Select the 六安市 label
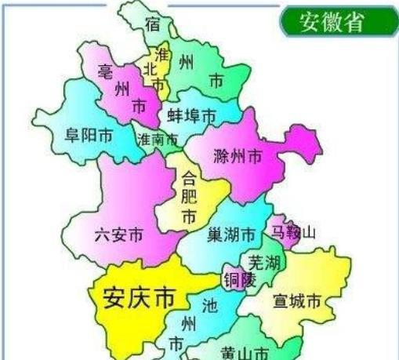(x=118, y=234)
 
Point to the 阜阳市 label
(x=87, y=136)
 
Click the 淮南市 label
(x=157, y=140)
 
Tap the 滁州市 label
(x=238, y=156)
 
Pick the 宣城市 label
(x=297, y=301)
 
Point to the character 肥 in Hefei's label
(x=189, y=195)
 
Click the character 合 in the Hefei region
(x=189, y=176)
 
